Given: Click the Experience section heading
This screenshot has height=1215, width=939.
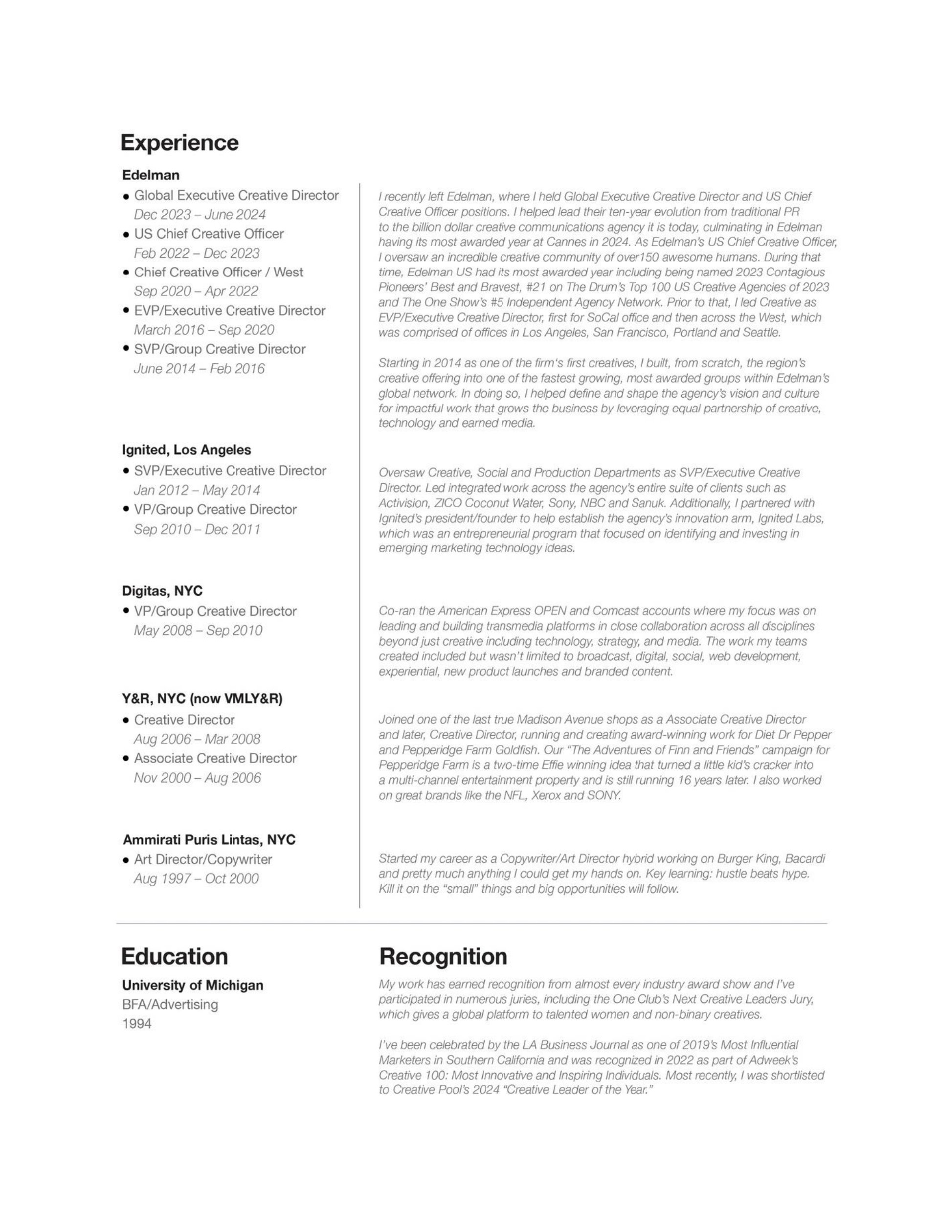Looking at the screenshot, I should [179, 143].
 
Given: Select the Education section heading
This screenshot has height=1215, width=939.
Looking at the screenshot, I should [174, 956].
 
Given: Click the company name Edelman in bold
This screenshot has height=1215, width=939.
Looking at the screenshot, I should [151, 175].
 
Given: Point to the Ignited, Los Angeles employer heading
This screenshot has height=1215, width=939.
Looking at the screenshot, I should [186, 450].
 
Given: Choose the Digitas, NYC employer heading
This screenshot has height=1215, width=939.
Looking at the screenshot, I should [162, 590].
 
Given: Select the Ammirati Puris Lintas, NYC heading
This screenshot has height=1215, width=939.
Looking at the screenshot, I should [209, 839].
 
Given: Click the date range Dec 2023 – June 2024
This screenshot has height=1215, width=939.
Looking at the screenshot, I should [200, 215].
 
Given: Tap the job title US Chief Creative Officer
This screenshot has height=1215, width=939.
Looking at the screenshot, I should [209, 234].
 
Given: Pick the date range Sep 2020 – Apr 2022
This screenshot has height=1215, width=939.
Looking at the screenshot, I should [196, 292].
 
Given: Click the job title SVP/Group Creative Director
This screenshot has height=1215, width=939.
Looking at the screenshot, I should [219, 349].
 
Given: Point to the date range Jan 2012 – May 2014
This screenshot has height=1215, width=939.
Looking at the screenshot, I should [197, 490].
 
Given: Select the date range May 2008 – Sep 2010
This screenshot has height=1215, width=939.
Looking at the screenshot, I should [198, 630].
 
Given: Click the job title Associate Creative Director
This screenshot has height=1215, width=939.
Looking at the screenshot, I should [215, 758].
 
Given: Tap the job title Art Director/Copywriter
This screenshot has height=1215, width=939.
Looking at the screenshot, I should [202, 859].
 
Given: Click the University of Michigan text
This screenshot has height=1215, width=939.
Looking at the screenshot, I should [193, 985].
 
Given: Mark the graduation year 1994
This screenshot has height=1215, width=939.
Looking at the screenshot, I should [137, 1024].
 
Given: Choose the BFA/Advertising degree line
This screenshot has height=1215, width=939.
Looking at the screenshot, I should [170, 1005].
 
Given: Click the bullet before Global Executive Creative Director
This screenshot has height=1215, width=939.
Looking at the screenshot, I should [126, 196].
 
